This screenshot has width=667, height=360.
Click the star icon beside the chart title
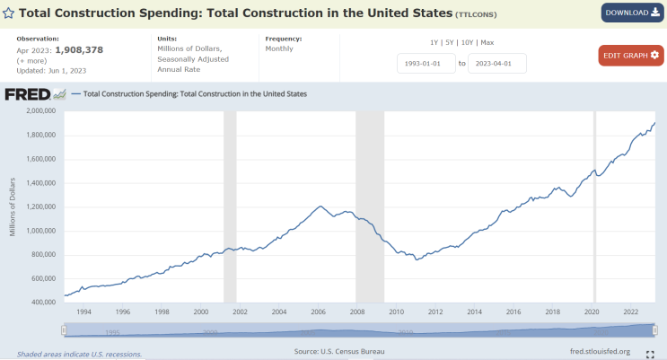tap(8, 13)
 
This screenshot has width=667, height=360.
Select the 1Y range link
tap(434, 43)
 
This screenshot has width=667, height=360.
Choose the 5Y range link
tap(450, 43)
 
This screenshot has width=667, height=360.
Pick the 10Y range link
tap(467, 43)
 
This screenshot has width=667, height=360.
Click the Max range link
tap(487, 43)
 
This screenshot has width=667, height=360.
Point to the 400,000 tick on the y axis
tap(43, 303)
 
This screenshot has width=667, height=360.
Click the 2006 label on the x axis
tap(318, 312)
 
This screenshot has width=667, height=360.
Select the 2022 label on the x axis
tap(630, 312)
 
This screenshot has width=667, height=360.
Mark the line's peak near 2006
tap(320, 206)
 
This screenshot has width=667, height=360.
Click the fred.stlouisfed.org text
tap(600, 352)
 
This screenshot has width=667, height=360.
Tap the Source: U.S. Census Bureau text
tap(339, 352)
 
